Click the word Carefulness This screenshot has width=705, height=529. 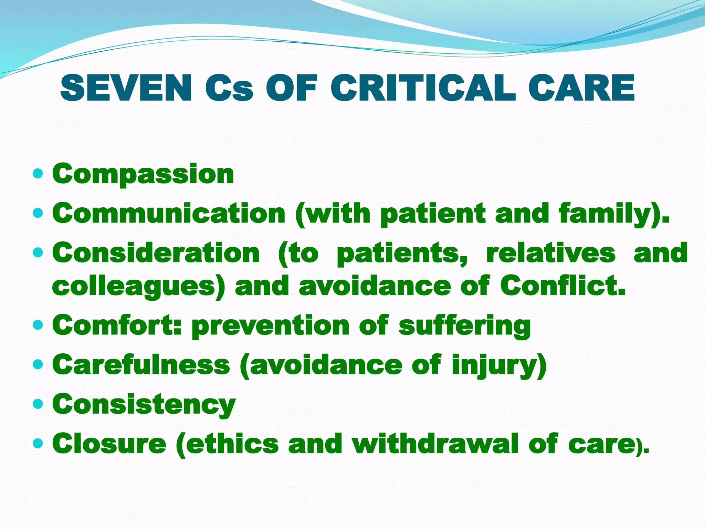pyautogui.click(x=141, y=365)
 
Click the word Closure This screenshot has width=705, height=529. pyautogui.click(x=109, y=444)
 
